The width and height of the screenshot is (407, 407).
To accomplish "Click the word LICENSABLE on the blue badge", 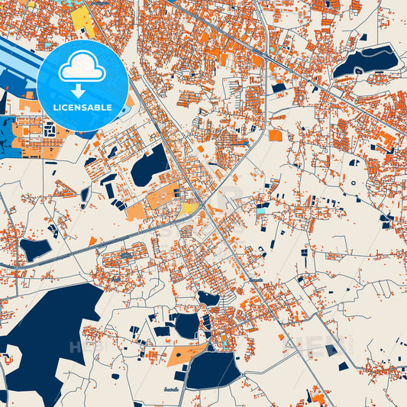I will pos(82,108).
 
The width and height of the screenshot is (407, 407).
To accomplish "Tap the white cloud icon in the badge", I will pos(82,67).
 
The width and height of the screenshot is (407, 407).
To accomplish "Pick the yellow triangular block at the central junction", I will pos(187,207).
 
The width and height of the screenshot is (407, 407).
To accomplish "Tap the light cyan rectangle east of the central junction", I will pos(262,209).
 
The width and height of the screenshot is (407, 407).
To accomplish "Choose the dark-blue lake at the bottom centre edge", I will pos(212,370).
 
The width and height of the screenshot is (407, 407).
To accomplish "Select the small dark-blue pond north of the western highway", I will pos(34,248).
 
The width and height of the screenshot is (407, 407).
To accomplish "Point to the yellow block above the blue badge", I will pos(82,21).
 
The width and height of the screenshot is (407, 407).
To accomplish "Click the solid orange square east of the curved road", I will pos(275,136).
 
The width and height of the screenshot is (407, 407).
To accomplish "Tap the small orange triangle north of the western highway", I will pos(92,241).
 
